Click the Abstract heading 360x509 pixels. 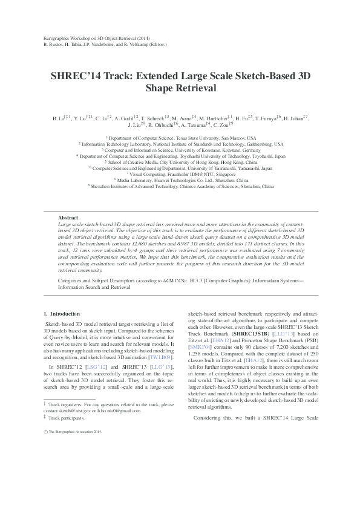(68, 217)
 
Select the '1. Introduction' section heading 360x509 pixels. (62, 314)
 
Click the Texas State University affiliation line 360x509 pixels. (180, 138)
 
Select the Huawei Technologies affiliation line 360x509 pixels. (180, 180)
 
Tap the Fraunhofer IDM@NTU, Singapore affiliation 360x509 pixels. (180, 174)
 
